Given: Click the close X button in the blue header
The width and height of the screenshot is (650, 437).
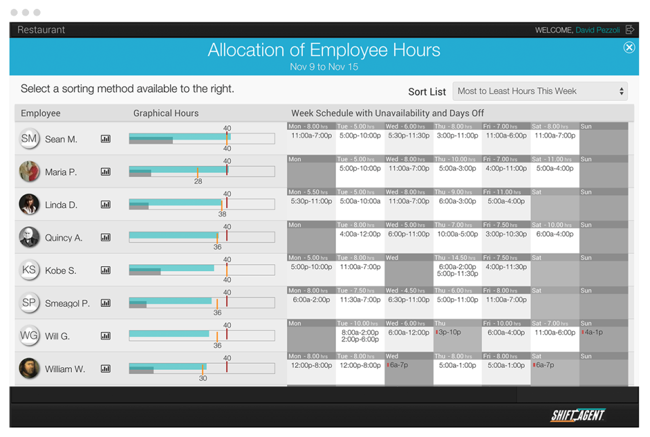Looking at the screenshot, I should (x=629, y=47).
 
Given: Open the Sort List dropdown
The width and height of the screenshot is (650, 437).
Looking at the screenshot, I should (x=540, y=91).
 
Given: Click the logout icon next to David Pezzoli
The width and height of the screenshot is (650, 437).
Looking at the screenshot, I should (x=630, y=30).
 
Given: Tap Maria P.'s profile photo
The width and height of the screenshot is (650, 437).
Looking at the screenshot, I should (x=29, y=171).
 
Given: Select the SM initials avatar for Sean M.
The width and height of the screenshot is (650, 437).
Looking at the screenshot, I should (x=29, y=139).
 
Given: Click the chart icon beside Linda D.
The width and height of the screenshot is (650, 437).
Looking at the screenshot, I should (x=106, y=205).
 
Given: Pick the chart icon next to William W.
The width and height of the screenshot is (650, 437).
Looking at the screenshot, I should (x=106, y=369).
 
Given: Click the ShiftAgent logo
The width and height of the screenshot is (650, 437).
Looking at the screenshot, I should (x=578, y=415).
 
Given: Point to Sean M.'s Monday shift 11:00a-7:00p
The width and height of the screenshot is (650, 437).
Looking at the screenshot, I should (x=311, y=136).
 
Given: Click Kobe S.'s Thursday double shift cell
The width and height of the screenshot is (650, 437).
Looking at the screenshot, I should (x=457, y=270).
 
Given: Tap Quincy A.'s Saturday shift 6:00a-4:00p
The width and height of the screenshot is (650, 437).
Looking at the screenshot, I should (x=555, y=234).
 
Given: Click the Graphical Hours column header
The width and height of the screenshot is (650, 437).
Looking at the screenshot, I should (x=166, y=113).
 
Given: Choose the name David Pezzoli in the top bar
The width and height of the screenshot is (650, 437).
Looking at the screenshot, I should (x=598, y=30).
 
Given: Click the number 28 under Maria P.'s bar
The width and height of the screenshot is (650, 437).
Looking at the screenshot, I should (x=198, y=182).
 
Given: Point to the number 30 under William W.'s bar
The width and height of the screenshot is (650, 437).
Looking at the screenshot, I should (x=202, y=378).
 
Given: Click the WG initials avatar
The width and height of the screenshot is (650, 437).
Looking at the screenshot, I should (x=29, y=335).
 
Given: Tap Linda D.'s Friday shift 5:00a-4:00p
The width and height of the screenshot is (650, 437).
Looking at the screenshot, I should (x=506, y=201).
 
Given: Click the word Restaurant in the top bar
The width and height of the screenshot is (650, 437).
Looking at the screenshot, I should (x=41, y=30).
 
